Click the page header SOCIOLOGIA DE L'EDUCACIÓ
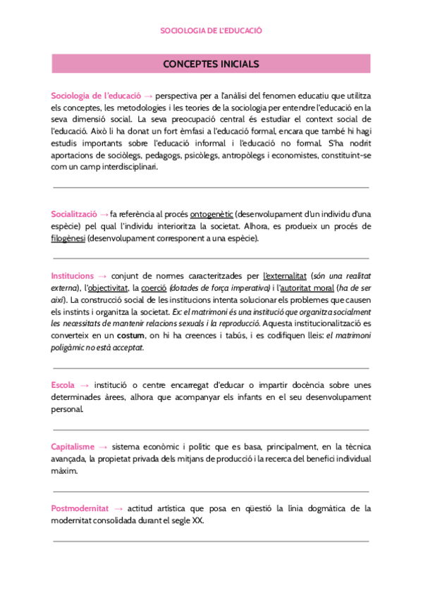[x=211, y=31]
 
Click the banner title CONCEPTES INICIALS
[x=211, y=64]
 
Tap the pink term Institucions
[x=72, y=276]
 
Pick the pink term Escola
[x=63, y=385]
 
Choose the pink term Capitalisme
[x=73, y=447]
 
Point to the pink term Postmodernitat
[x=79, y=508]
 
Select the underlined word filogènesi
[x=68, y=239]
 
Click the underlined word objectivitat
[x=107, y=289]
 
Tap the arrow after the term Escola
[x=85, y=385]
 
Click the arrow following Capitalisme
[x=104, y=447]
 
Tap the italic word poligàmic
[x=69, y=348]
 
